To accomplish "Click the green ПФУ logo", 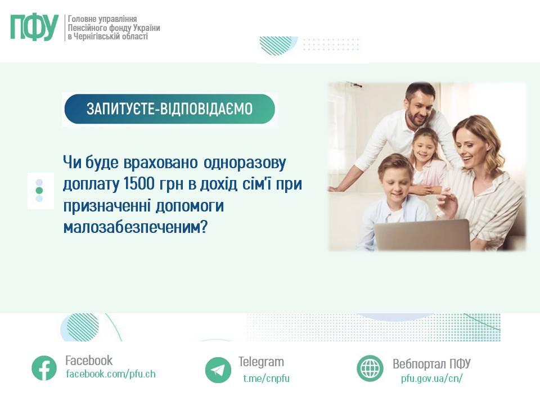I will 34,28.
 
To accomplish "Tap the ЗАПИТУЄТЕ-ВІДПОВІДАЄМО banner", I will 169,109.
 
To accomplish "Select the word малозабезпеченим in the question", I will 131,227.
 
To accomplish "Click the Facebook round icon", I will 44,368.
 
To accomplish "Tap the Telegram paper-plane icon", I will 218,370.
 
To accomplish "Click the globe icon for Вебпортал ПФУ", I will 370,368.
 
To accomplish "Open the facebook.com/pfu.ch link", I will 110,374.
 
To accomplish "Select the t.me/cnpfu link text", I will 266,378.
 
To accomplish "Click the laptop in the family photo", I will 422,235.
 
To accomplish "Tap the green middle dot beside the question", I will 39,191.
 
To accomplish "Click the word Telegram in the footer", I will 261,362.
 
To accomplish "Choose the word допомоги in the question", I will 191,206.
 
